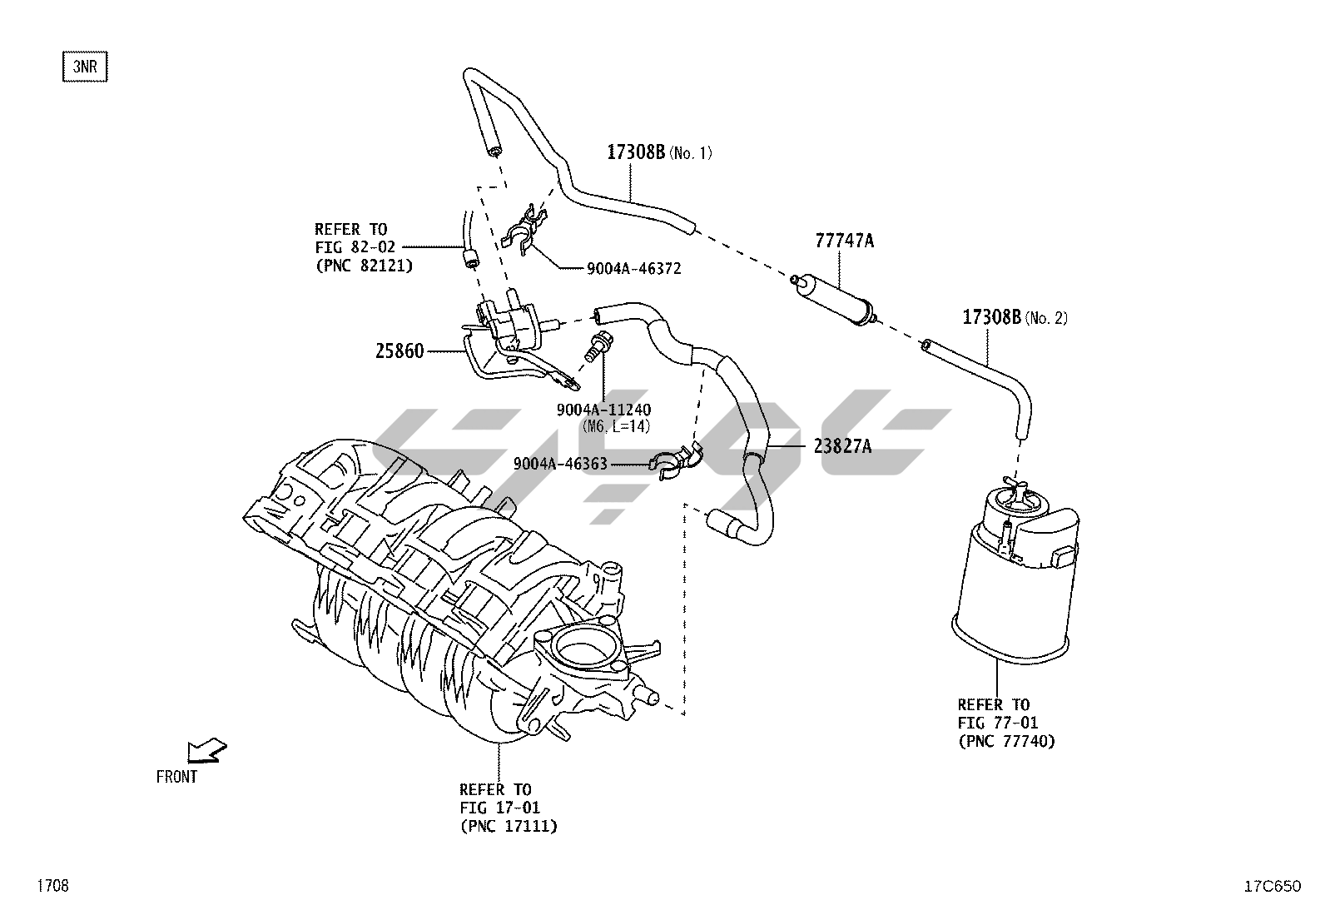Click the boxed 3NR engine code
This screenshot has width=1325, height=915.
pyautogui.click(x=85, y=67)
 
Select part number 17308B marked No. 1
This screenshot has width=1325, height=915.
pyautogui.click(x=636, y=152)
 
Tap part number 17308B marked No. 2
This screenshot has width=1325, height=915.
pyautogui.click(x=991, y=317)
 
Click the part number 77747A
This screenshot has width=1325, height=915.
pyautogui.click(x=844, y=241)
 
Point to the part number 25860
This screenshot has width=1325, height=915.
pyautogui.click(x=399, y=351)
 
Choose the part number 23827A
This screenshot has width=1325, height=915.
pyautogui.click(x=842, y=445)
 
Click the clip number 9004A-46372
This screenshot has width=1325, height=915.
pyautogui.click(x=633, y=269)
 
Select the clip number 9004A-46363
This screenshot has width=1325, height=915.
pyautogui.click(x=560, y=464)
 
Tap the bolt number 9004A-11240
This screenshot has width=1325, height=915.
pyautogui.click(x=603, y=410)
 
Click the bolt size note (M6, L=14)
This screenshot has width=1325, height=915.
pyautogui.click(x=616, y=426)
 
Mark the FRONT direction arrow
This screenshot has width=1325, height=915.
pyautogui.click(x=206, y=751)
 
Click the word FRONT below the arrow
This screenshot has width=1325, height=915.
pyautogui.click(x=176, y=777)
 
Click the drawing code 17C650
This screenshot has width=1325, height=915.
pyautogui.click(x=1273, y=886)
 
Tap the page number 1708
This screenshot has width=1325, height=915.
pyautogui.click(x=53, y=886)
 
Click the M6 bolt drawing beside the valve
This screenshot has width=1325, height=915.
pyautogui.click(x=598, y=347)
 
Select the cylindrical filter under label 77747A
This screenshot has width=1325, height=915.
pyautogui.click(x=834, y=300)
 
